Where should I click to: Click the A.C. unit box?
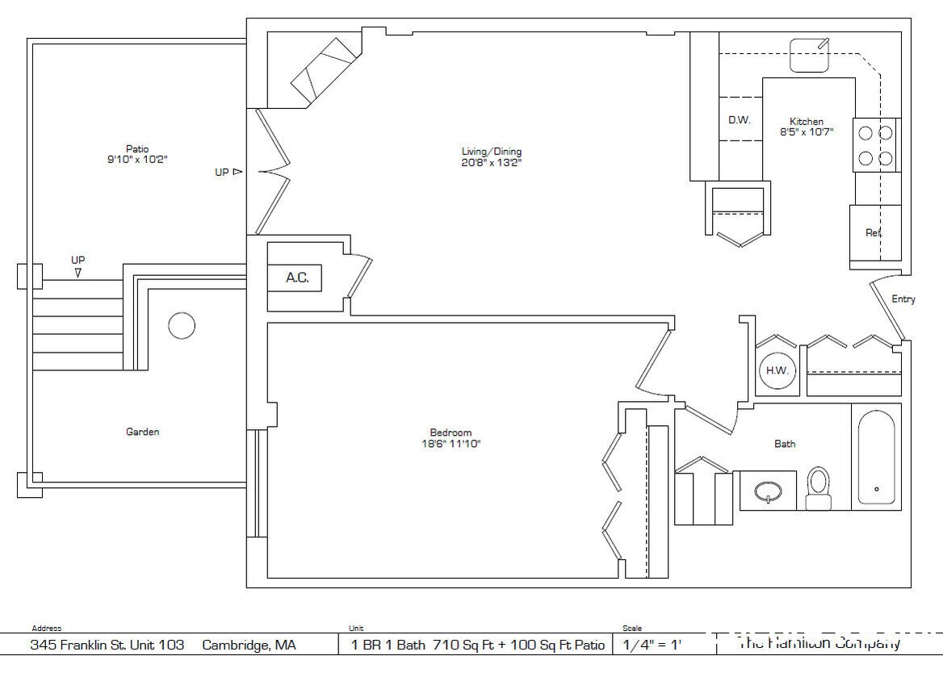[296, 278]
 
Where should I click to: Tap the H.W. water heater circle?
[778, 370]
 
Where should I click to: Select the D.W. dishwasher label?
[740, 120]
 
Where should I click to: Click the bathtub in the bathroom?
[876, 457]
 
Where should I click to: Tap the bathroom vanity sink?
[769, 491]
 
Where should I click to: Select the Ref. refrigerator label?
[874, 232]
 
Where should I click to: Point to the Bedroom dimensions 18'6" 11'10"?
[450, 444]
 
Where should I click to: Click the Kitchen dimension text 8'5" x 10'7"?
[807, 132]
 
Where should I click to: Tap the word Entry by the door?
[903, 299]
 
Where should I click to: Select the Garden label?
[142, 432]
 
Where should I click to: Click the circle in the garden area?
[182, 326]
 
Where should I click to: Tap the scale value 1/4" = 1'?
[653, 645]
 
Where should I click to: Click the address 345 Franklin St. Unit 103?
[107, 645]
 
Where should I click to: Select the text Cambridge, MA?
[249, 645]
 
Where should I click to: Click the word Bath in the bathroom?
[785, 444]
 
